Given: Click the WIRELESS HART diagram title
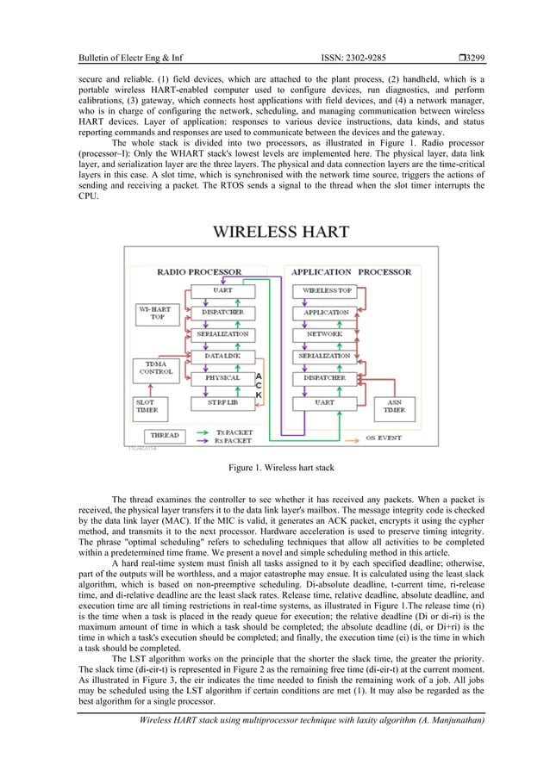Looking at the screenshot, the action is coord(281,231).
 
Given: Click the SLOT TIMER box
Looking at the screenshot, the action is coord(147,406).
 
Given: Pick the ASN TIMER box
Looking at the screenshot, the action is coord(395,406).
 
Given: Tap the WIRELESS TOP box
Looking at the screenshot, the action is coord(326,290).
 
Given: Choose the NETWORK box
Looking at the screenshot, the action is coord(325,333).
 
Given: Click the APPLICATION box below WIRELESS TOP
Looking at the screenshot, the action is coord(325,312).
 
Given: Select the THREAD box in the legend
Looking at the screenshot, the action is coord(164,436).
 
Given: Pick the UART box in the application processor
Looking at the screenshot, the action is coord(325,401).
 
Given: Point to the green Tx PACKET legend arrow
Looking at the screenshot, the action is coord(205,433).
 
